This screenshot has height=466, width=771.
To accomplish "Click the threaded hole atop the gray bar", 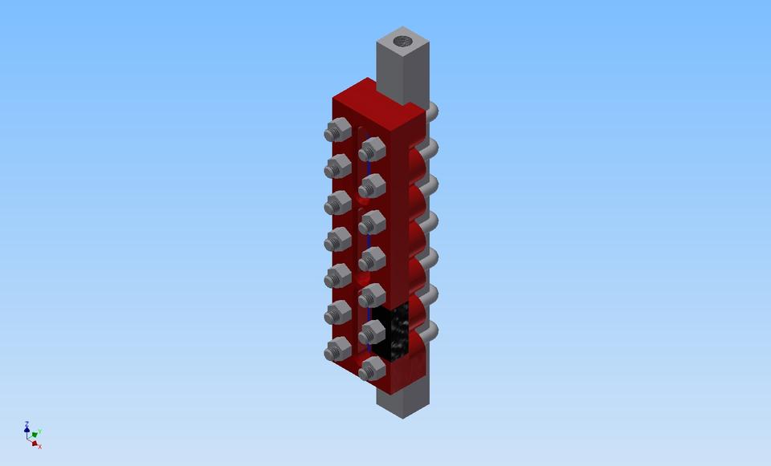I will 402,38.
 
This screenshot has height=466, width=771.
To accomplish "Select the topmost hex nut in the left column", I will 337,130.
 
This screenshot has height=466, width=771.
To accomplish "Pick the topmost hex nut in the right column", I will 372,149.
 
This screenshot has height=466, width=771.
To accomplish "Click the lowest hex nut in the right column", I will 372,369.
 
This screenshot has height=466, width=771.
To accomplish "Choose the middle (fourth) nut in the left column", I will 337,240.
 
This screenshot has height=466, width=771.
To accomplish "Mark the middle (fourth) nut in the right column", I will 372,259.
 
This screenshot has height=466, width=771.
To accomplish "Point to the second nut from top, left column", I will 337,167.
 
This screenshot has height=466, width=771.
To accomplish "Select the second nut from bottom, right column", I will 372,332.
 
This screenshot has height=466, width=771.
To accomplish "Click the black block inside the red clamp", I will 394,333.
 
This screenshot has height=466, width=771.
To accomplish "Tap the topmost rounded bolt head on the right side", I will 430,111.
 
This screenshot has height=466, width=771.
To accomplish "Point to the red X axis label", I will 39,446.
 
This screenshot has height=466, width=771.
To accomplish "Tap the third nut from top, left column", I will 337,203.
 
